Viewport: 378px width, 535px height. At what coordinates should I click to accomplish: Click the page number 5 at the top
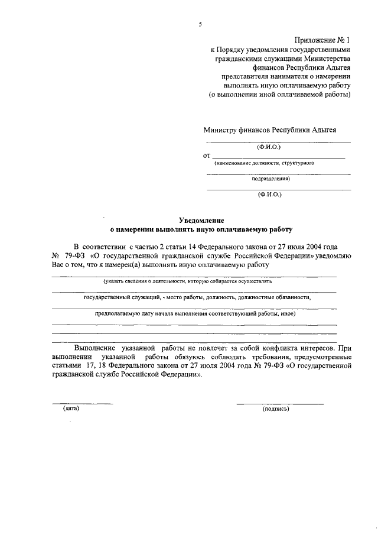click(x=200, y=24)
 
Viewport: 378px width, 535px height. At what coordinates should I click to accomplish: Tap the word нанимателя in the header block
click(x=292, y=76)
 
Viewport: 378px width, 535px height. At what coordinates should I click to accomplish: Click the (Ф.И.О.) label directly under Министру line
click(x=269, y=146)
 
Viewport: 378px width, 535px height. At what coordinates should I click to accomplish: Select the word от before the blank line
click(x=206, y=156)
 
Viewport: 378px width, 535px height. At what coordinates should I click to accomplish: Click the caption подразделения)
click(x=271, y=178)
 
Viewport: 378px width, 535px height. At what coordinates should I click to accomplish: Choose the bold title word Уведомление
click(x=201, y=219)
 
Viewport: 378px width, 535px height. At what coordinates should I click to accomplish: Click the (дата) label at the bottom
click(x=70, y=408)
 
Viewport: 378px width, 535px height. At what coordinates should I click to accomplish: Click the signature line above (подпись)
click(x=280, y=403)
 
